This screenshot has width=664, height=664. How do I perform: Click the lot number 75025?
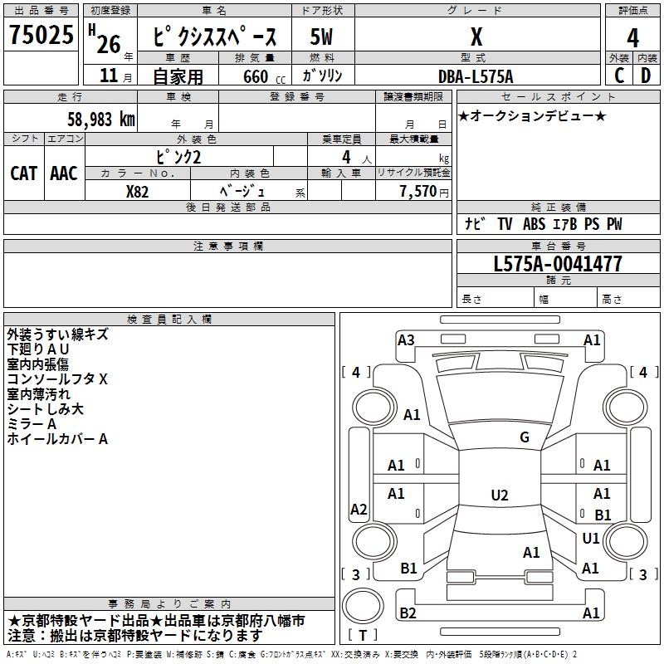pos(41,37)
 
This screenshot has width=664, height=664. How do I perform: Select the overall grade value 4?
pos(632,37)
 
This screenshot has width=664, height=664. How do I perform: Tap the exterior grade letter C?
pos(618,75)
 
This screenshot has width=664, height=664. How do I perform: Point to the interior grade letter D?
pos(646,75)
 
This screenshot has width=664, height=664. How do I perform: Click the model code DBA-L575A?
pos(476,76)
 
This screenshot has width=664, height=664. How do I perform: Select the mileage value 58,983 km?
pos(100,120)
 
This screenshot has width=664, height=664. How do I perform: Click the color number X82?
pos(137,190)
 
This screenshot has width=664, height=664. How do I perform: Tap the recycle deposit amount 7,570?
pos(417,191)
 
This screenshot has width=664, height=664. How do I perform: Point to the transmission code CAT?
pos(24,173)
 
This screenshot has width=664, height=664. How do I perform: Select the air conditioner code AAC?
pos(64,173)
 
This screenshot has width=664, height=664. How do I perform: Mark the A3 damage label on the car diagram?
pos(406,339)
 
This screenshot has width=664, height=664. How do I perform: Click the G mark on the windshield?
pos(525,437)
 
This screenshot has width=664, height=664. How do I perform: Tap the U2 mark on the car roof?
pos(500,496)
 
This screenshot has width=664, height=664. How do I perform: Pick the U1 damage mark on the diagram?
pos(591,539)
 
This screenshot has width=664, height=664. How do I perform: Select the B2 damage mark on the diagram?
pos(408,613)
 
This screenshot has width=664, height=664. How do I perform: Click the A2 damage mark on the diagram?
pos(359,510)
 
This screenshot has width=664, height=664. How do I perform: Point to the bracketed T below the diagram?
pos(361,635)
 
